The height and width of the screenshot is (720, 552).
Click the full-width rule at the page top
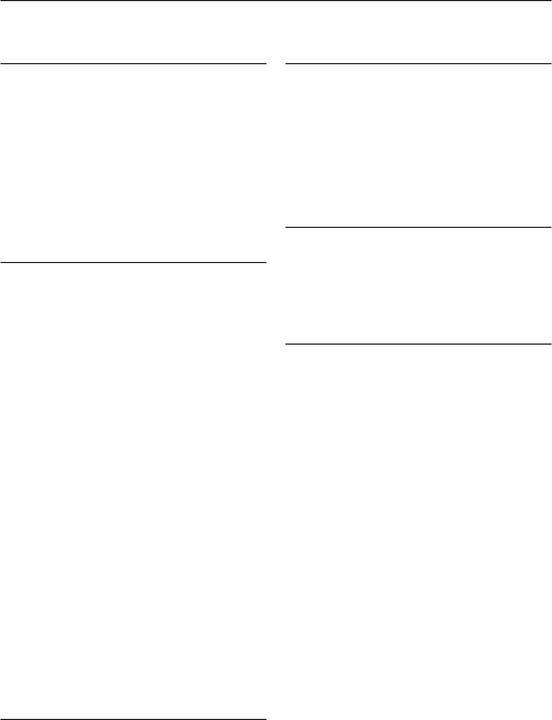click(276, 1)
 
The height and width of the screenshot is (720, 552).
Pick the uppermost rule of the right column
click(418, 64)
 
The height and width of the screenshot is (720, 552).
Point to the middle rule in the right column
click(418, 227)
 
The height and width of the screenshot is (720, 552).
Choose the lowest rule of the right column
click(418, 344)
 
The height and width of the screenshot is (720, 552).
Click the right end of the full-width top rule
click(550, 1)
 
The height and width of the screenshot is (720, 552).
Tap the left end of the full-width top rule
click(1, 1)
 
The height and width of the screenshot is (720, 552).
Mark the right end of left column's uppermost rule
click(265, 64)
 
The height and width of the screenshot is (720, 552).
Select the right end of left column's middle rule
click(265, 262)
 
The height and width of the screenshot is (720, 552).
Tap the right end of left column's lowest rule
click(265, 718)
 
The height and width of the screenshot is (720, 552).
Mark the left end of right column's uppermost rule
click(287, 64)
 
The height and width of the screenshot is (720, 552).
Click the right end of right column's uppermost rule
click(550, 64)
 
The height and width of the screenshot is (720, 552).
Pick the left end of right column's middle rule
click(287, 227)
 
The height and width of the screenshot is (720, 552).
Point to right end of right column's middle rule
click(550, 227)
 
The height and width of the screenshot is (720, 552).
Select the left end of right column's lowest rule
click(287, 344)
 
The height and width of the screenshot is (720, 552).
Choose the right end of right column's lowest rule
click(550, 344)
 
